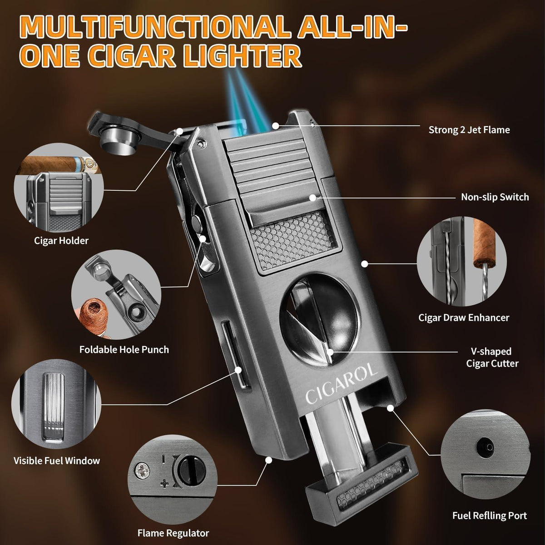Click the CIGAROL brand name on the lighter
[342, 384]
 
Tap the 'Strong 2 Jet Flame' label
[469, 130]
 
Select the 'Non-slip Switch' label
[495, 197]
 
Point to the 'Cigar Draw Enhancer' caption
[464, 317]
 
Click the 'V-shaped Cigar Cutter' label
[492, 357]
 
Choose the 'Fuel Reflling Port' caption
[490, 515]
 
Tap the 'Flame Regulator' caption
[173, 533]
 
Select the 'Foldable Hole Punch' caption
[124, 350]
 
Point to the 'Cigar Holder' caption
[61, 241]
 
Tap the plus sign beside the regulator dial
[164, 484]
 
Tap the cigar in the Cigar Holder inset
[59, 165]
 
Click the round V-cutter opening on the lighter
[318, 319]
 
